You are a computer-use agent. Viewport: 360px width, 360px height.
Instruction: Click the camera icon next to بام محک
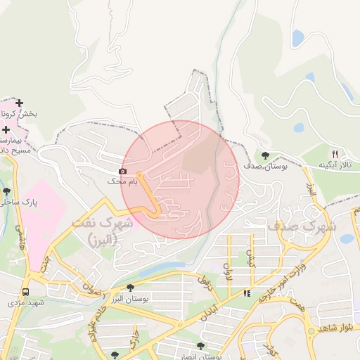tap(123, 171)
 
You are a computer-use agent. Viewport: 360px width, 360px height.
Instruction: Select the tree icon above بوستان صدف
tap(265, 155)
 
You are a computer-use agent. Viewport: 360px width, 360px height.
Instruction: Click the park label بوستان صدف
tap(266, 166)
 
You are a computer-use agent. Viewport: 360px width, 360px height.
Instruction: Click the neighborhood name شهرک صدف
tap(302, 227)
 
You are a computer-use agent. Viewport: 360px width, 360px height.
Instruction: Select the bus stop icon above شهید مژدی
tap(26, 292)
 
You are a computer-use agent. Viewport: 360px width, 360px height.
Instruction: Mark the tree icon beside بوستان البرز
tap(130, 288)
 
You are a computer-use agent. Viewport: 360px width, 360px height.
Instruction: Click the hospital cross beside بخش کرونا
tap(19, 103)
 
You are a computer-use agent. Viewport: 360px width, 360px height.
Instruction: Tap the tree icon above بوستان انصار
tap(201, 347)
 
